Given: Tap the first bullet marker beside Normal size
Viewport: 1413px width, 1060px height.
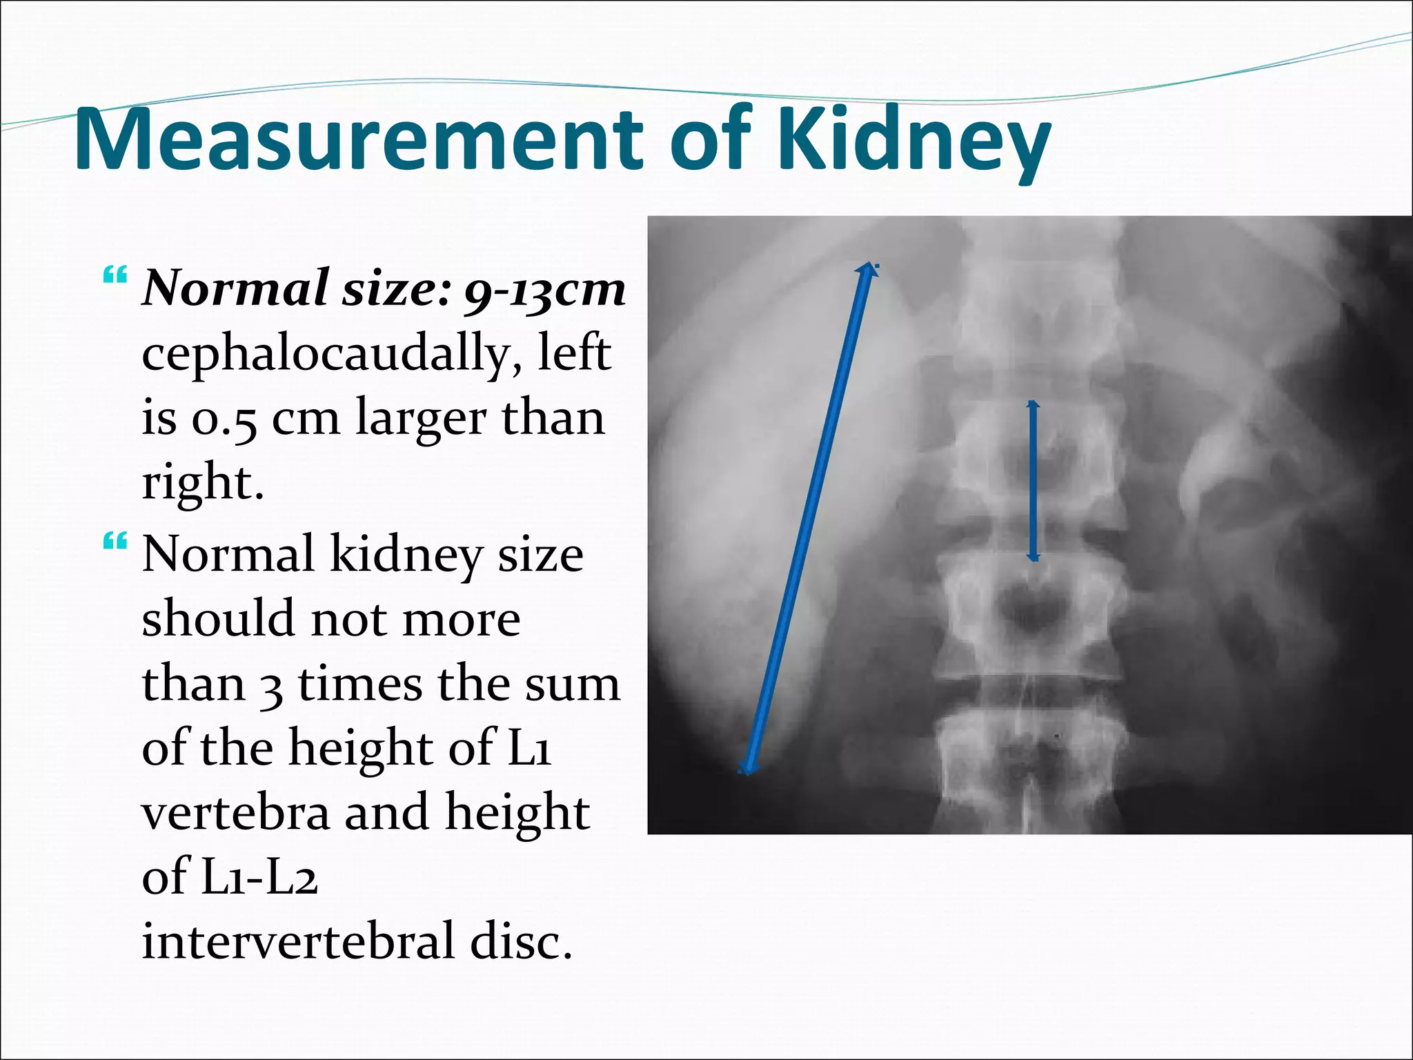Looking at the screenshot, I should [x=115, y=277].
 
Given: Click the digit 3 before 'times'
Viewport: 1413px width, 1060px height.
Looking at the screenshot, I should [x=272, y=685].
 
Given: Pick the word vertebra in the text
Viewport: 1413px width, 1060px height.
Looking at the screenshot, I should [x=235, y=812].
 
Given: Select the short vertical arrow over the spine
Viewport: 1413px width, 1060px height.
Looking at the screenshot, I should [x=1033, y=480].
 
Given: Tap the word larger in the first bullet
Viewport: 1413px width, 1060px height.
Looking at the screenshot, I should [x=421, y=419].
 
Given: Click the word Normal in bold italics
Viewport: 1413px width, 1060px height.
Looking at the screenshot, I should [x=235, y=288].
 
